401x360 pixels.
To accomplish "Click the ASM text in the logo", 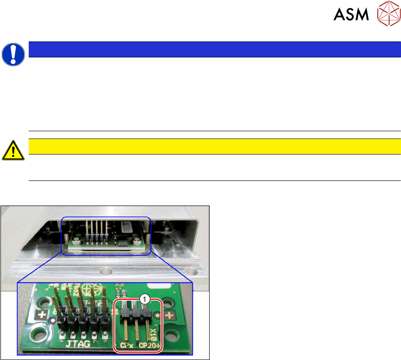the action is coord(351,15).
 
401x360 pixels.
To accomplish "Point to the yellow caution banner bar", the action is coord(215,146).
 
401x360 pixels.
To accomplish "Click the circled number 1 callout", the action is coord(144,299).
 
